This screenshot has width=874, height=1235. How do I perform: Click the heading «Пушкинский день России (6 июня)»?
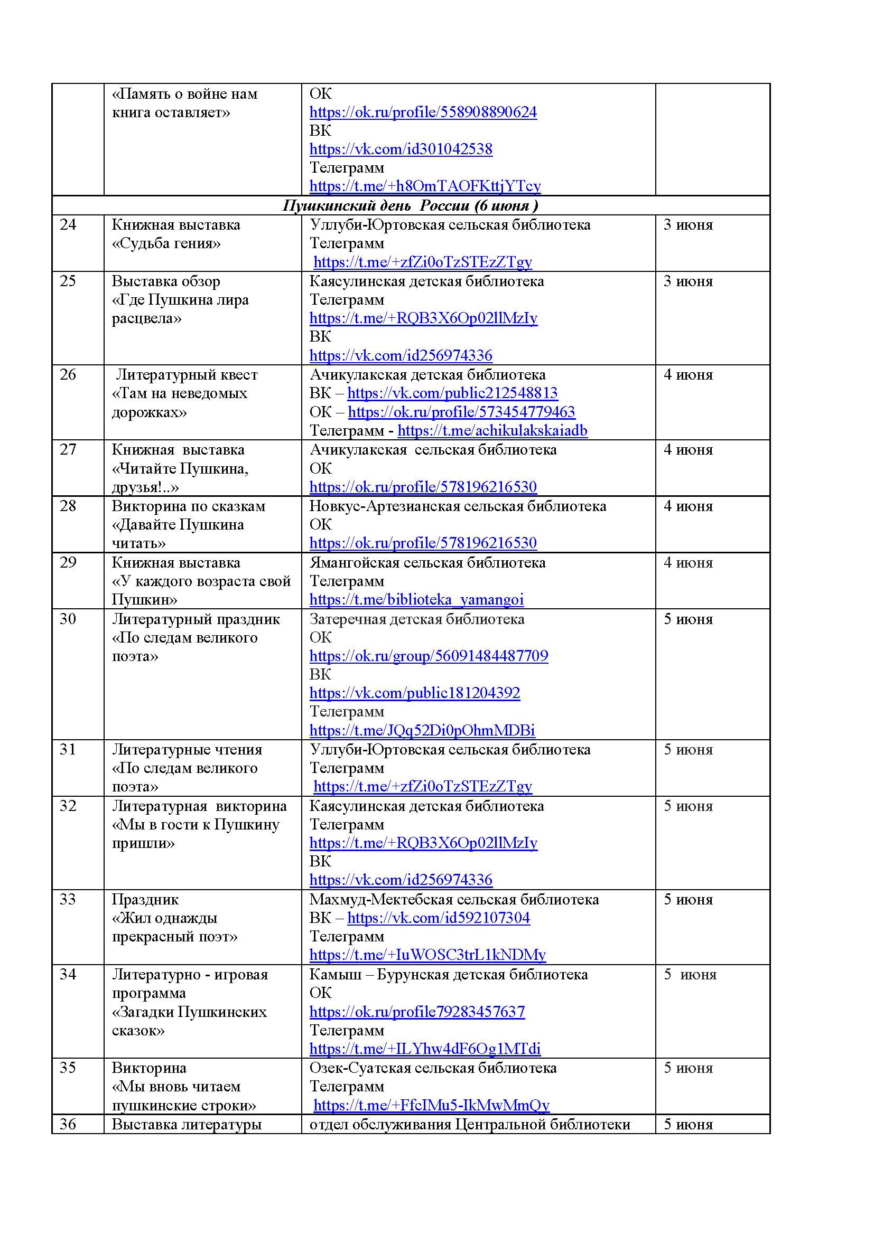point(410,205)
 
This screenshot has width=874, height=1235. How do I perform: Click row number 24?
point(68,225)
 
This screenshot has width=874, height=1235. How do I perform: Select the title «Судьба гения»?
point(166,243)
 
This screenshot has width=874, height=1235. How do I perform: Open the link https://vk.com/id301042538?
point(401,149)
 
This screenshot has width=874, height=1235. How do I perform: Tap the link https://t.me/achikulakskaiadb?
point(492,431)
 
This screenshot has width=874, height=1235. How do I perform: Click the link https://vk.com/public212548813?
point(452,393)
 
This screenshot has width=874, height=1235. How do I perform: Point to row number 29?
point(68,563)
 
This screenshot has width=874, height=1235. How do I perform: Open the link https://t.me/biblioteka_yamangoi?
point(416,600)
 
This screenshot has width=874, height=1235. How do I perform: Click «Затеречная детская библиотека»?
point(416,619)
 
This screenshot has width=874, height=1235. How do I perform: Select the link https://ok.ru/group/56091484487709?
point(429,656)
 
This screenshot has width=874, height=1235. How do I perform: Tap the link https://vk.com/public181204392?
point(414,693)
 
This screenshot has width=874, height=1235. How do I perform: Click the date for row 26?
point(688,375)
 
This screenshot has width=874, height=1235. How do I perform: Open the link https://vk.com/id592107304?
point(439,918)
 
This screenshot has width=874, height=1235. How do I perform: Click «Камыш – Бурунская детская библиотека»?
point(448,975)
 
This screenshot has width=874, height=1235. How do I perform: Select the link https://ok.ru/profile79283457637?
point(417,1012)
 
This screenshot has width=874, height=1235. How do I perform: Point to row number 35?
point(68,1068)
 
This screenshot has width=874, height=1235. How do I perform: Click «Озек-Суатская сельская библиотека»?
point(433,1068)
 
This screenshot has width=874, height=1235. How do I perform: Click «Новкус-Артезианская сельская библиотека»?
point(458,506)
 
